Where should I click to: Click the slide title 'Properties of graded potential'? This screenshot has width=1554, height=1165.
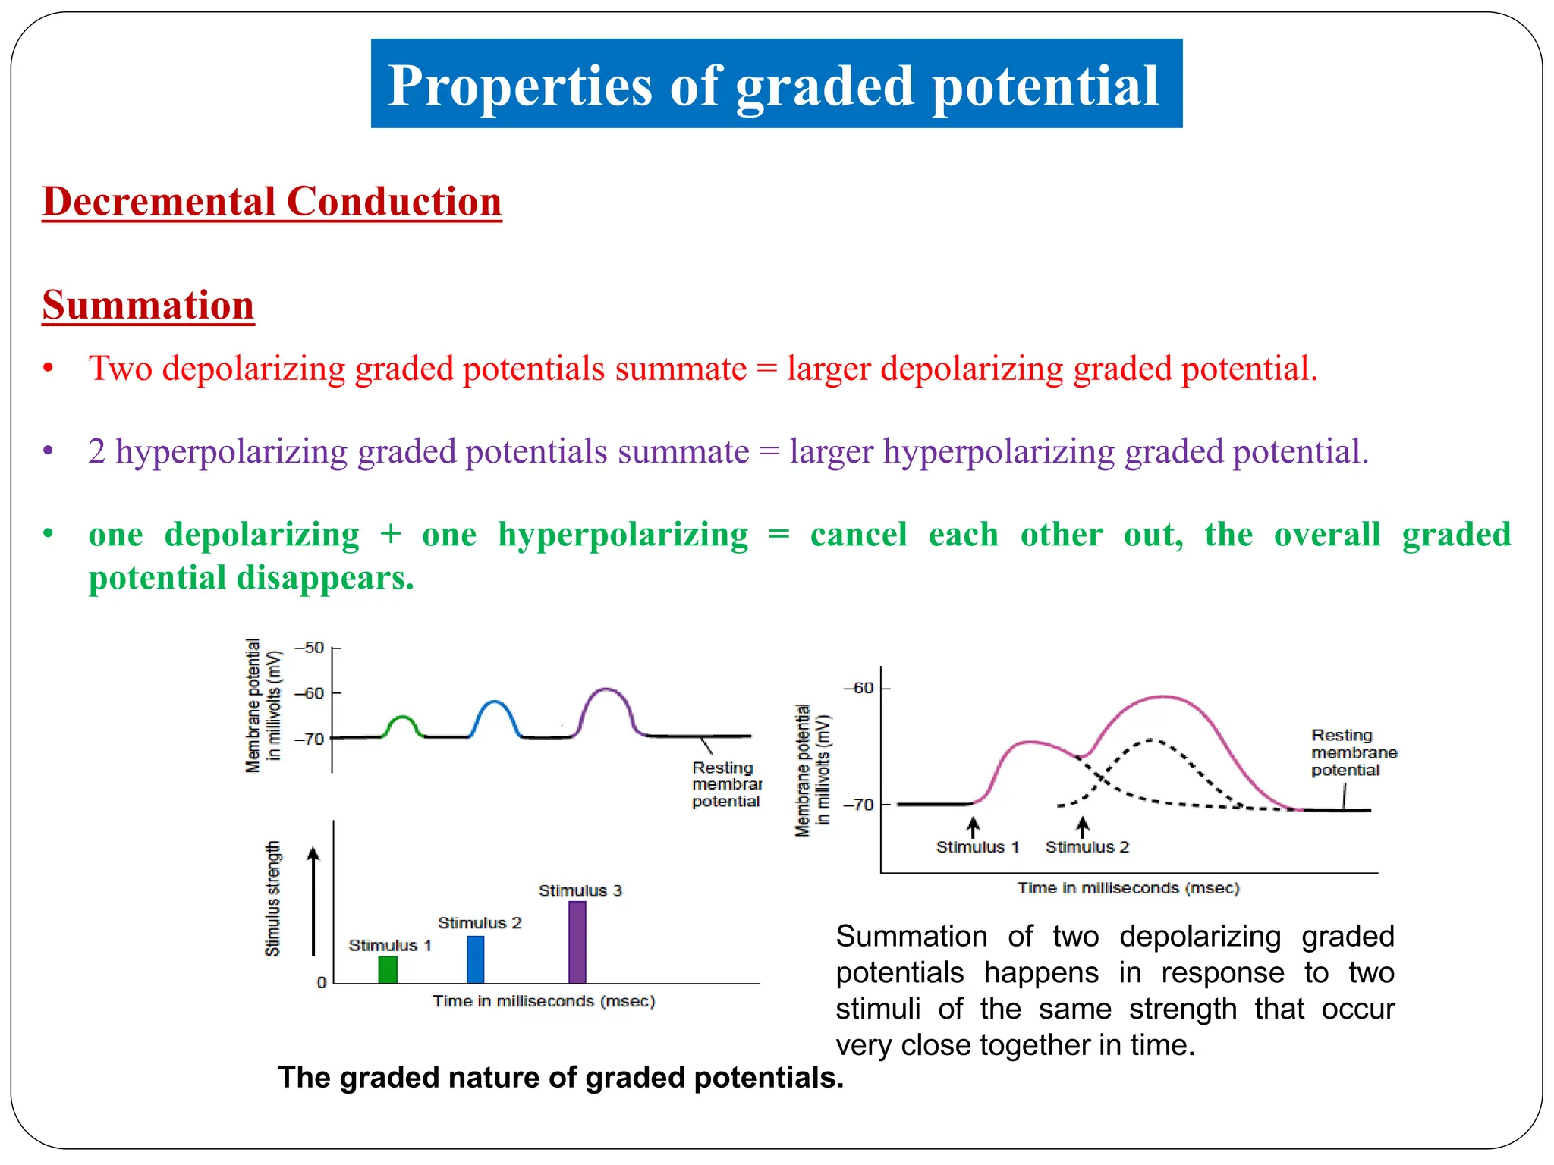tap(775, 84)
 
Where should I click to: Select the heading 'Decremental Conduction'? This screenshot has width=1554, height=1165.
tap(272, 202)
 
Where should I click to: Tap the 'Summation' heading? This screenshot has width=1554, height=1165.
tap(148, 305)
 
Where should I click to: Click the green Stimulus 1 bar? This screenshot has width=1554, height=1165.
tap(388, 969)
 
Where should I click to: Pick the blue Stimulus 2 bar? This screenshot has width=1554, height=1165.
tap(476, 959)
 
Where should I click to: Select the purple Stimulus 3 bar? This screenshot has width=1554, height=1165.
tap(577, 942)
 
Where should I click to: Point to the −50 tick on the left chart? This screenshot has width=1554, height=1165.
tap(310, 648)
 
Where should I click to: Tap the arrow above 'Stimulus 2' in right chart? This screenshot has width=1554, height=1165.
tap(1083, 826)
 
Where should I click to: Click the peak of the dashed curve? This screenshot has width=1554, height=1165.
tap(1152, 740)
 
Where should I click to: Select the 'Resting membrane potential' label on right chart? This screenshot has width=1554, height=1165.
tap(1354, 752)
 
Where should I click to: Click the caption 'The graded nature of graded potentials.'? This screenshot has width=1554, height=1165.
tap(561, 1077)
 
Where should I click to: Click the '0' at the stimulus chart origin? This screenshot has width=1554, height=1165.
tap(322, 983)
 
